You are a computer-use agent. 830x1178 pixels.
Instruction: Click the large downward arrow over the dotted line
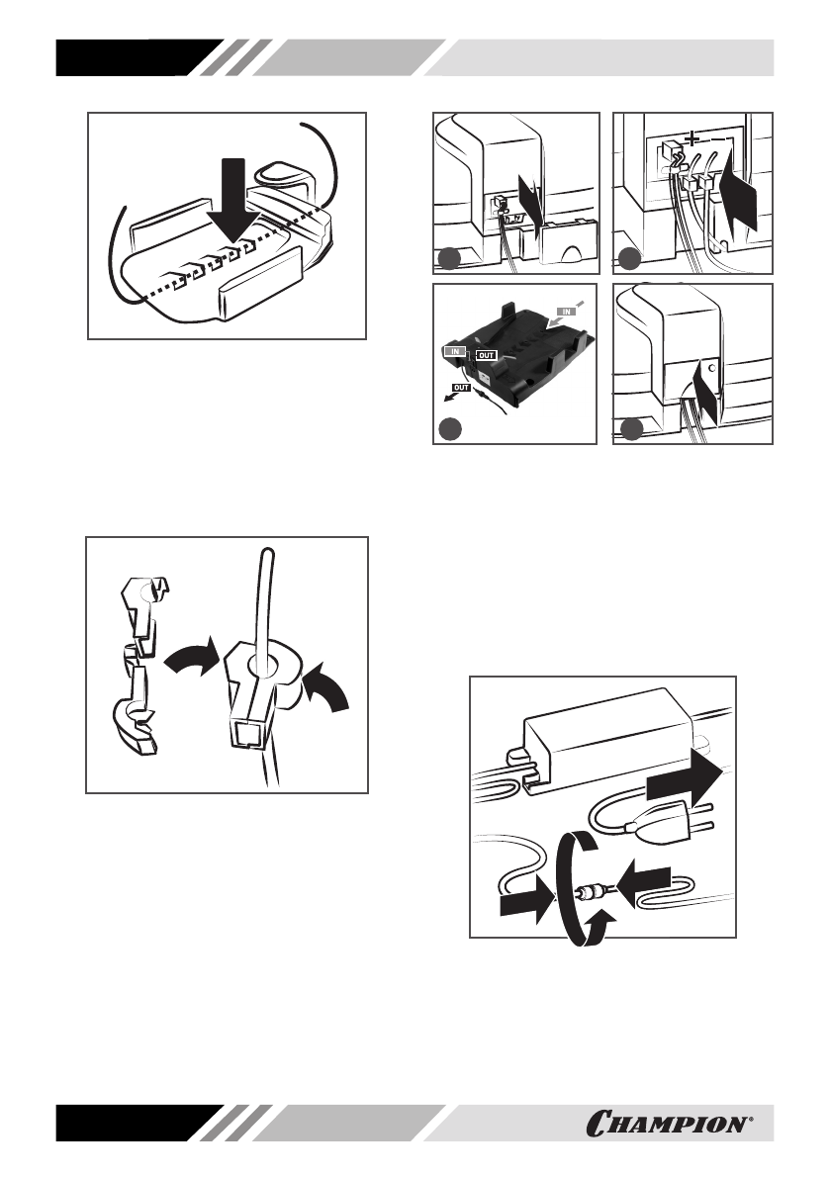(x=235, y=199)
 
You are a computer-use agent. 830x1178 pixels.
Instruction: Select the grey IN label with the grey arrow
(x=567, y=310)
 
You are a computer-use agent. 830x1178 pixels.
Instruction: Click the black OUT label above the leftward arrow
(x=461, y=388)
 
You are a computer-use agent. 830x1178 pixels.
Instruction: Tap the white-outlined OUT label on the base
(x=486, y=355)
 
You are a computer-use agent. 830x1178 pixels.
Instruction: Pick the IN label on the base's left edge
(x=454, y=351)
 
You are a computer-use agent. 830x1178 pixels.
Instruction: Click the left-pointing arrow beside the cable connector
(x=644, y=879)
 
